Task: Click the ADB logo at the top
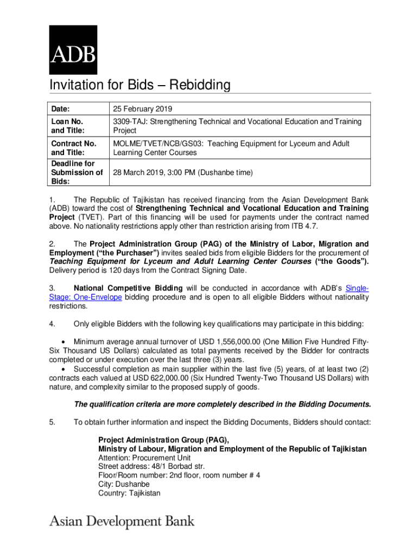[73, 49]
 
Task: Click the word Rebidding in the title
[200, 86]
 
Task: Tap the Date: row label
[61, 108]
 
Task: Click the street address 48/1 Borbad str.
[151, 466]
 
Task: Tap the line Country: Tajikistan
[129, 493]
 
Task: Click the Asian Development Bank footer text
[122, 522]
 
